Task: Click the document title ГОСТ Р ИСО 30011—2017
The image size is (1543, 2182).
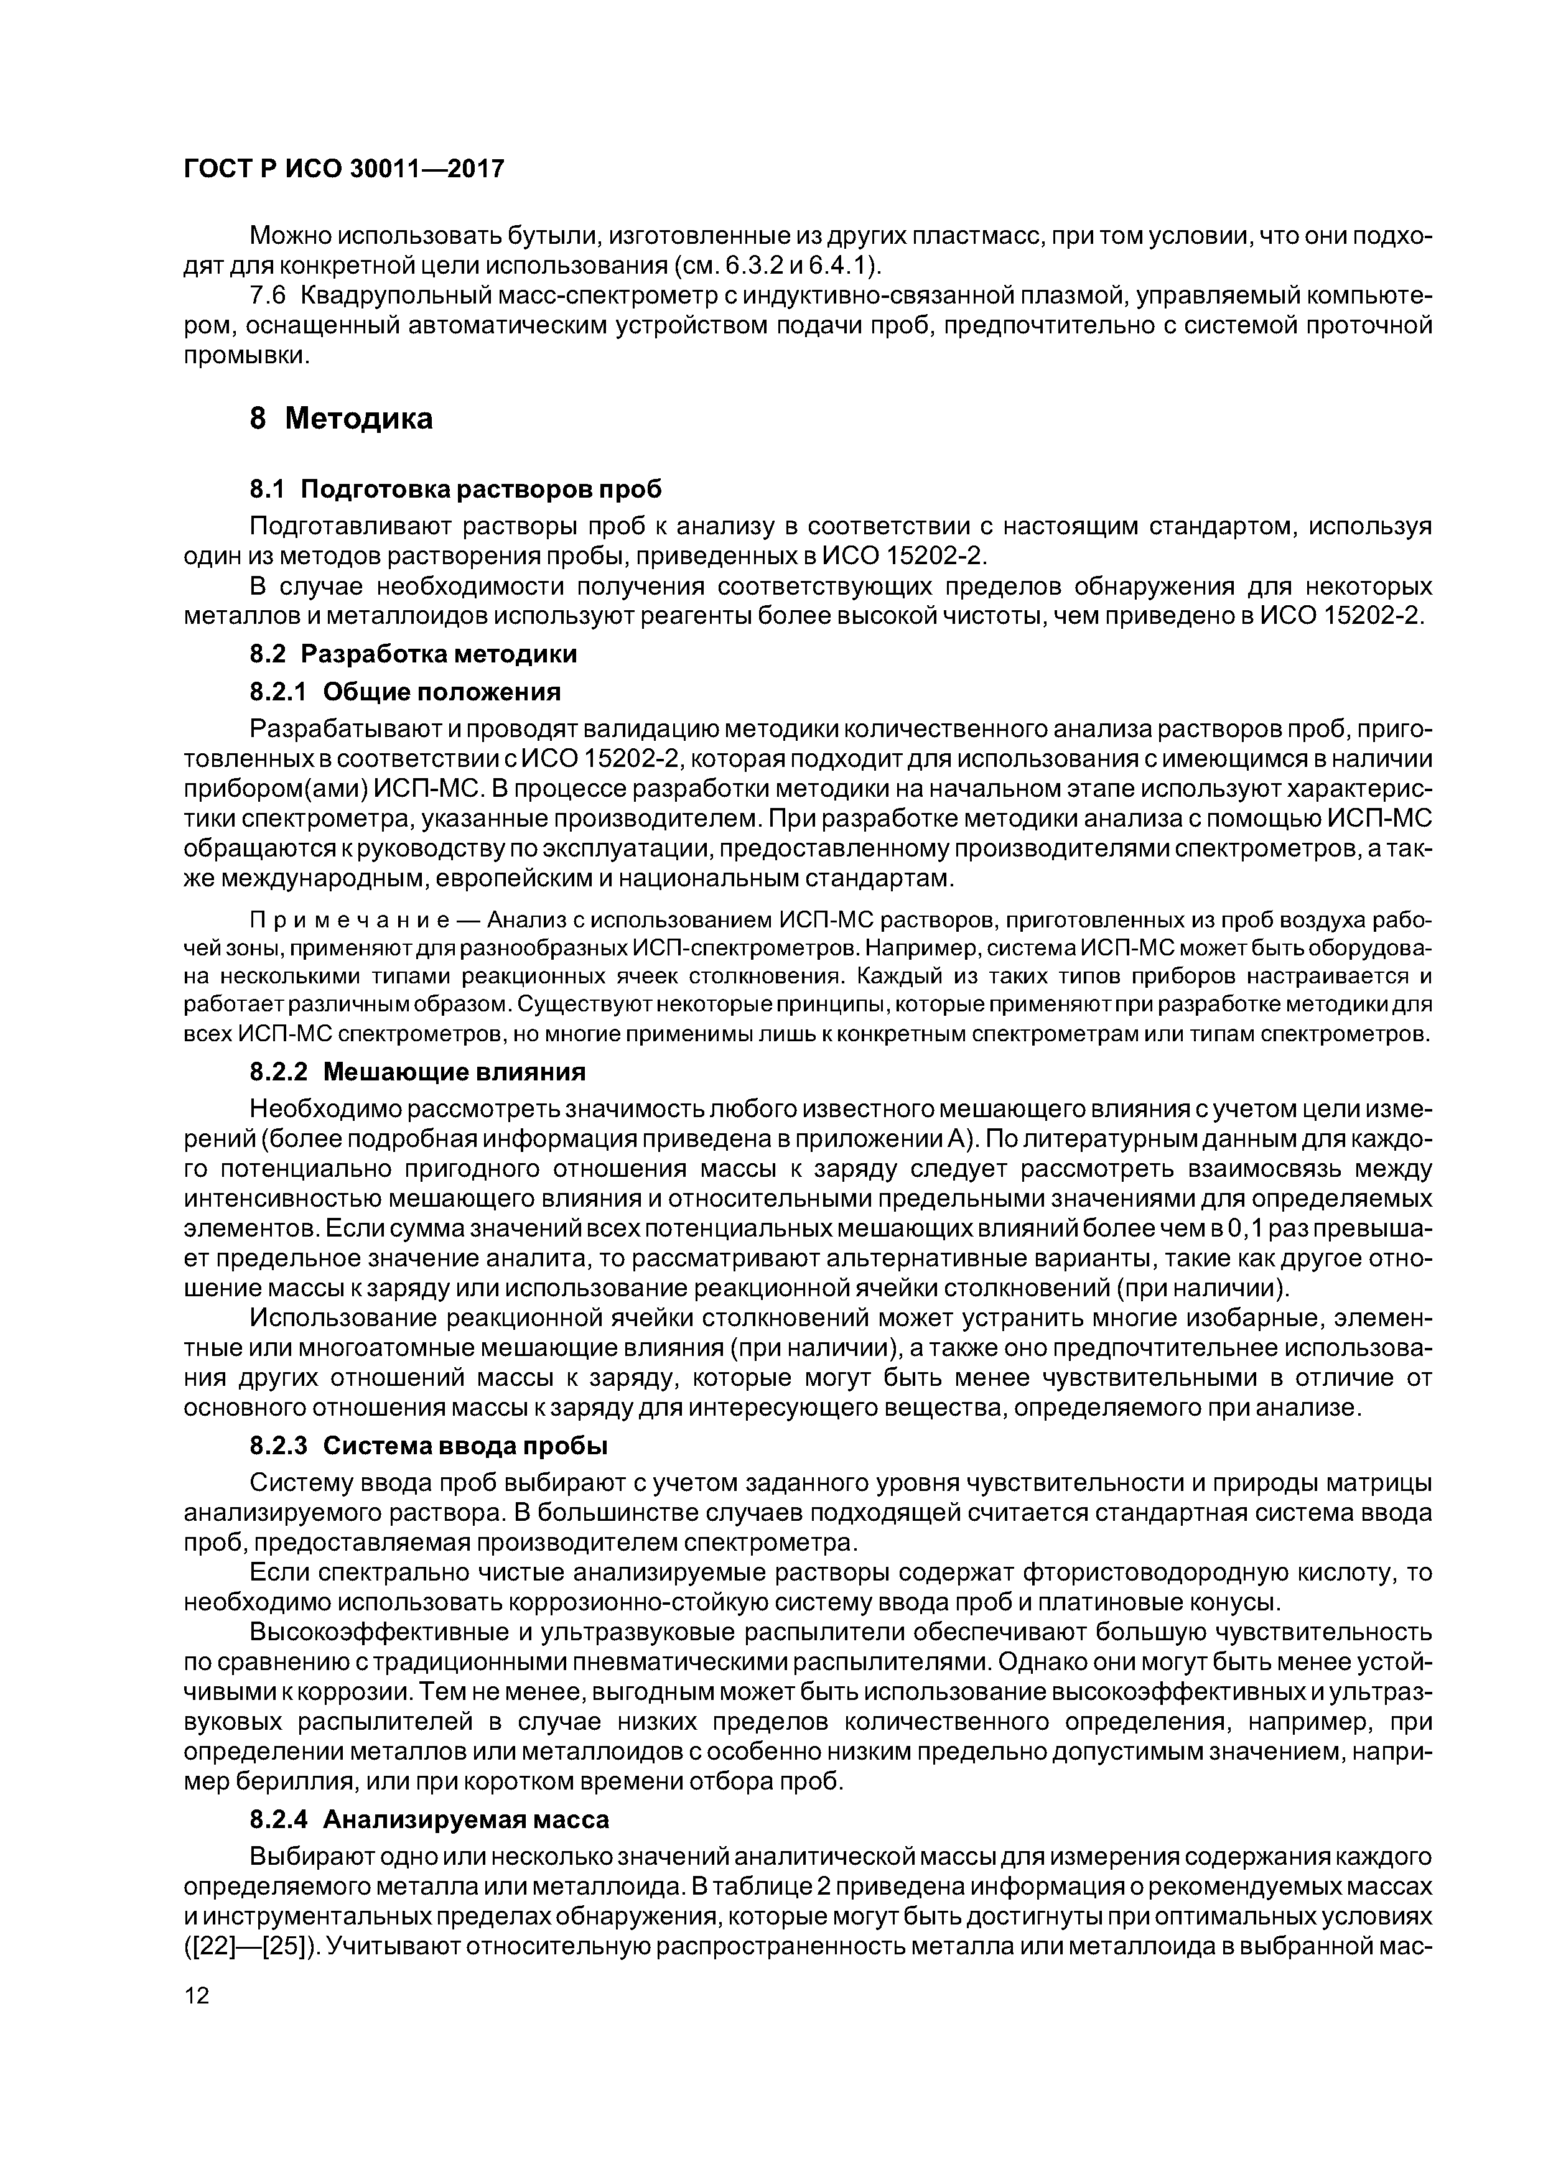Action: click(x=343, y=169)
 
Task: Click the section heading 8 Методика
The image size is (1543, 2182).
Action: click(x=340, y=418)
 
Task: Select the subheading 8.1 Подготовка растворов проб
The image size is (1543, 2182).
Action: click(x=454, y=490)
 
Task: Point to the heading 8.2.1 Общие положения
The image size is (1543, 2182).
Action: click(x=405, y=691)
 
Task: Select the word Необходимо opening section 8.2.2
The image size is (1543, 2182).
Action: click(x=319, y=1109)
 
